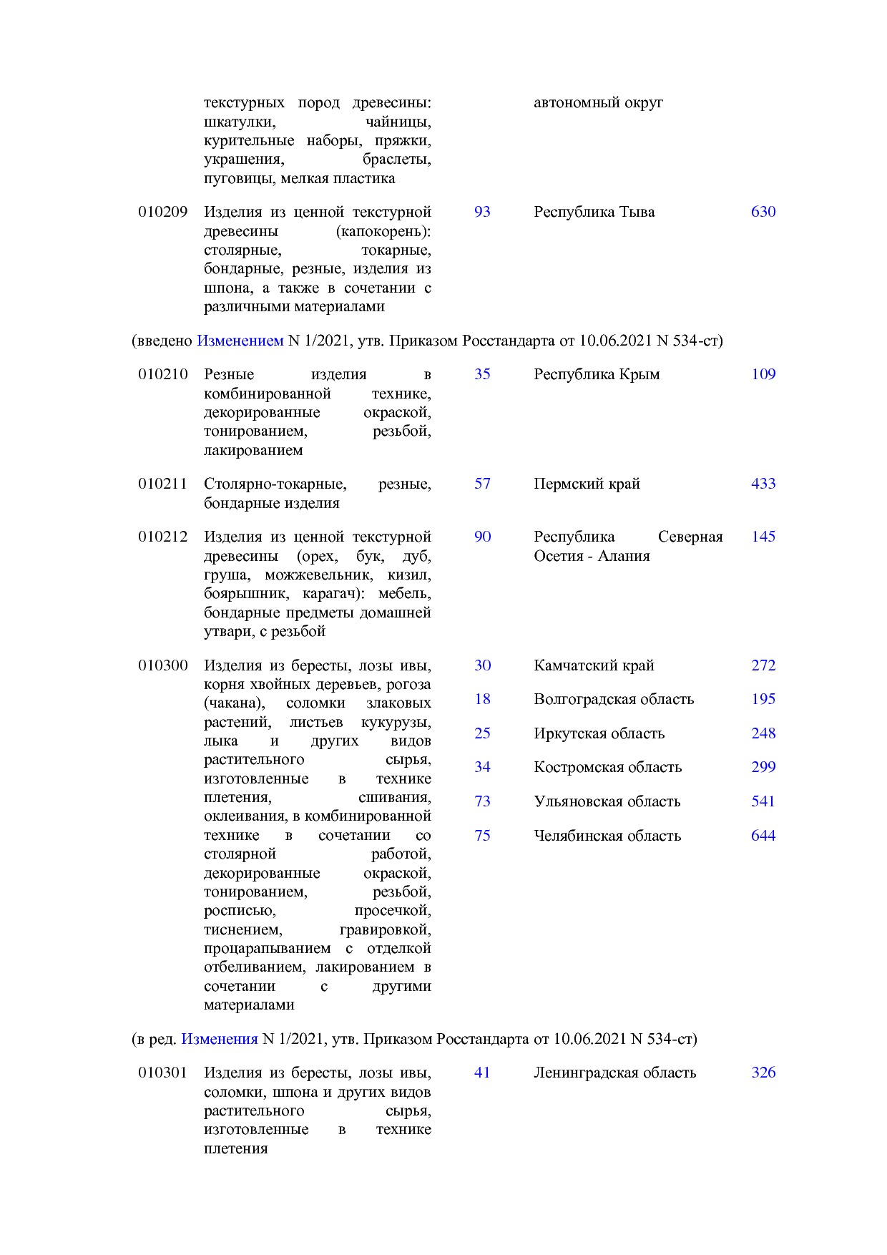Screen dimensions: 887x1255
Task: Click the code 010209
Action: (162, 212)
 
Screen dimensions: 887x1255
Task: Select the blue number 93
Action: (482, 212)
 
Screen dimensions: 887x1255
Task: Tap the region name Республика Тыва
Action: (594, 212)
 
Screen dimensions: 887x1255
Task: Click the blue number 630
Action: (763, 212)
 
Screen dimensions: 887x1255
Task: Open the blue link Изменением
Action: (240, 341)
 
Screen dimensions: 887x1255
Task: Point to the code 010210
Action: (162, 374)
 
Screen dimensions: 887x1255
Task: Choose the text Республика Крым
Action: (596, 374)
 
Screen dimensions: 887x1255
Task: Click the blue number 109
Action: (763, 374)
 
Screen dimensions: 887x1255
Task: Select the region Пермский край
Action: (586, 484)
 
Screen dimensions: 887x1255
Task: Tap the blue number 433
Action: (763, 484)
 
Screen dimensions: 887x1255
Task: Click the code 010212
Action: (162, 537)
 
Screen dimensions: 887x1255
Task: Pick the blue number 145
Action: (763, 537)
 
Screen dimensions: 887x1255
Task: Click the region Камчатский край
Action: (593, 665)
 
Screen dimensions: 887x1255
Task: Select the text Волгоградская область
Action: (613, 699)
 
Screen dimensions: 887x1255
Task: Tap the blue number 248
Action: (763, 733)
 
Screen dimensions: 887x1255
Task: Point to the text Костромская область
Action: (607, 767)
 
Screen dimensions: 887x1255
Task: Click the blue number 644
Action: (763, 836)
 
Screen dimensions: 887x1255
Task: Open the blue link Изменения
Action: (219, 1039)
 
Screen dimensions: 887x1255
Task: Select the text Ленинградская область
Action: (614, 1073)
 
